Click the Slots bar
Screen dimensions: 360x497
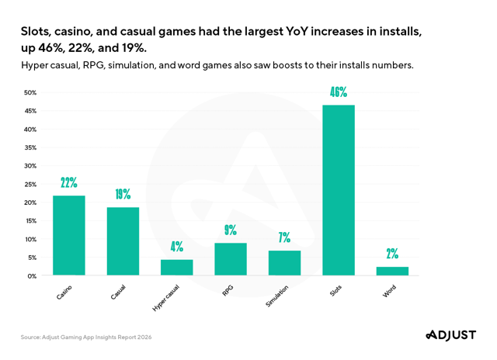pos(339,190)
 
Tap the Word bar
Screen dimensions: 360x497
pos(392,271)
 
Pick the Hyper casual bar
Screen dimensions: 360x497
pos(176,267)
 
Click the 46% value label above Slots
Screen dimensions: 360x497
pos(339,92)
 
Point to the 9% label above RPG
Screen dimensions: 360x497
pos(231,230)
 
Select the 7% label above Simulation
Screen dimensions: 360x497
pos(284,237)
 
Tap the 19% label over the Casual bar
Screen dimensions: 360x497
pos(123,194)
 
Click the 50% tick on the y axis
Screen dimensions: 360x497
pos(30,93)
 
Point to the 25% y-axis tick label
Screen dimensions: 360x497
pos(30,185)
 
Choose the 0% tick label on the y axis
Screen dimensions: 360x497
pos(31,275)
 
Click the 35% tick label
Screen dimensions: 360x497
pos(30,147)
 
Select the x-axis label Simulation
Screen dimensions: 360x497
pos(278,296)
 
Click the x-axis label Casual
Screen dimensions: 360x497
pos(119,292)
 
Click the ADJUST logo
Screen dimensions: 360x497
pos(450,335)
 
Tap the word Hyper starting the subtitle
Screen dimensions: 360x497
pos(36,65)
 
